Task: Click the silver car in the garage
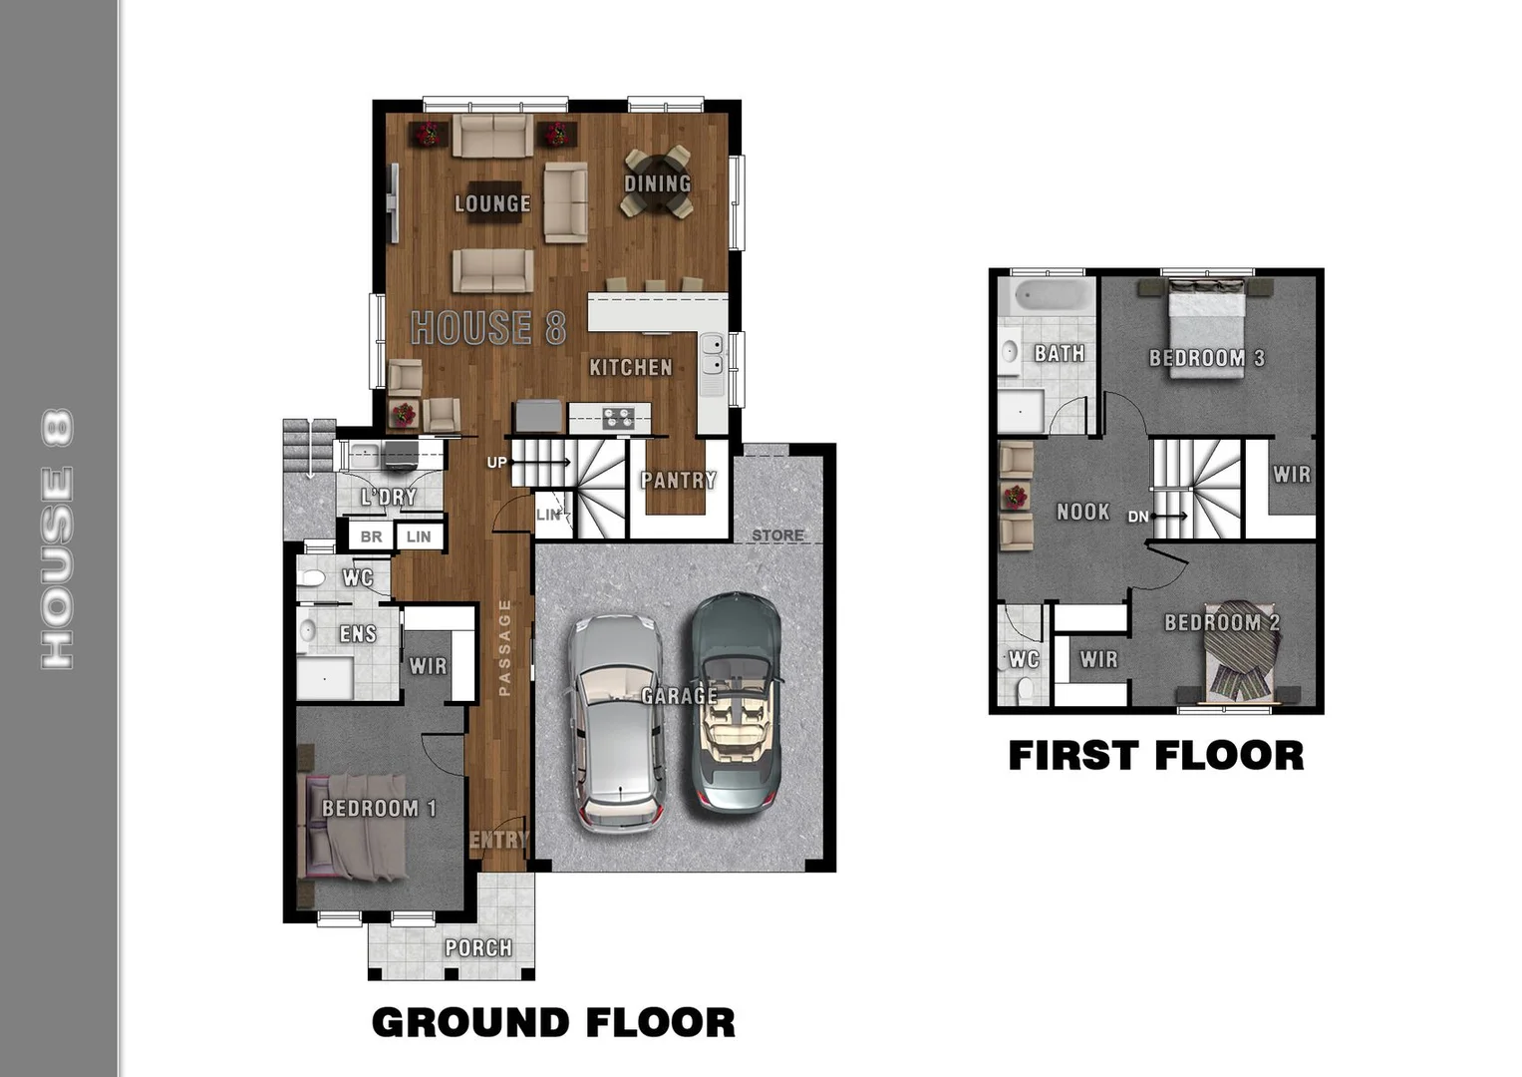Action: [616, 723]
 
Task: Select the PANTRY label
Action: [678, 481]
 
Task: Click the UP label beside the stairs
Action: [496, 463]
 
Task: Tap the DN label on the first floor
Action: [1138, 517]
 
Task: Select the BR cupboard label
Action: [371, 537]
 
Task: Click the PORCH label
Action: [478, 948]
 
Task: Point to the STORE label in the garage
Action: [777, 536]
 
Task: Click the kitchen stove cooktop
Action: [618, 418]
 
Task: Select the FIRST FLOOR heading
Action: [1156, 756]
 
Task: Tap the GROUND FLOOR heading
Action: [553, 1023]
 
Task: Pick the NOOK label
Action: [1082, 512]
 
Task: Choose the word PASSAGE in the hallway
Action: [504, 648]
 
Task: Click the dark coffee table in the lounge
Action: [492, 202]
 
